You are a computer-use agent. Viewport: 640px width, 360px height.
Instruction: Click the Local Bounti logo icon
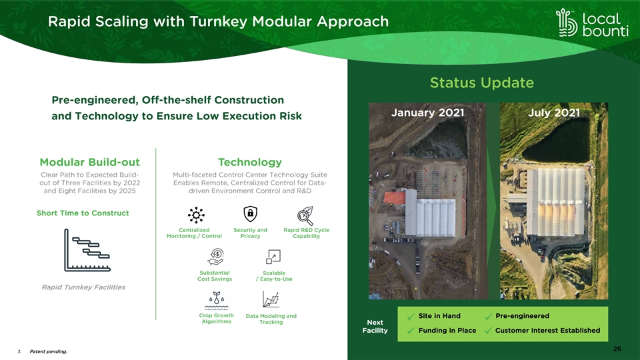pos(567,23)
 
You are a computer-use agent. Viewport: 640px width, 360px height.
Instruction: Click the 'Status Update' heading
pos(481,83)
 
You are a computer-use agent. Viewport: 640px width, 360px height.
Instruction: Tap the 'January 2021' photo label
pos(427,113)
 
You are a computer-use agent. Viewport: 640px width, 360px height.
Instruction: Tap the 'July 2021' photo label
pos(554,113)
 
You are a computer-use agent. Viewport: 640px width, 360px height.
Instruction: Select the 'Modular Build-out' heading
pos(90,162)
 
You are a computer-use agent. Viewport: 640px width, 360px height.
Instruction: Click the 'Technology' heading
pos(250,162)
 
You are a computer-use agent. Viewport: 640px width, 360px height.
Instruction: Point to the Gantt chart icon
pos(87,250)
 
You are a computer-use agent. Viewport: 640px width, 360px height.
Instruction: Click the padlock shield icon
pos(250,213)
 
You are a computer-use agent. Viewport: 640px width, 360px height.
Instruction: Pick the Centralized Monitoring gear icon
pos(196,215)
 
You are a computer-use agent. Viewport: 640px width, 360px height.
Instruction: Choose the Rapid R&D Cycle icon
pos(305,215)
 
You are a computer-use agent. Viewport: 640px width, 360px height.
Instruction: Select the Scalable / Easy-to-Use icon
pos(273,257)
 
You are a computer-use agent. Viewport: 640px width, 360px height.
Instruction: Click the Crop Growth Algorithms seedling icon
pos(216,301)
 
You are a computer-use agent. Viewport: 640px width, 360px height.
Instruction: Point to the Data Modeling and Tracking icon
pos(271,299)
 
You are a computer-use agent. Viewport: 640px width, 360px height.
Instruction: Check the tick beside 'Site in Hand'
pos(411,316)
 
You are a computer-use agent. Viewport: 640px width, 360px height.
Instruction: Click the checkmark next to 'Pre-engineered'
pos(488,316)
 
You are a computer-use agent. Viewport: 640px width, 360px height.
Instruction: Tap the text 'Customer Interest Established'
pos(548,330)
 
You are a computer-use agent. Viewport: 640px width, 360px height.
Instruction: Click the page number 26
pos(617,349)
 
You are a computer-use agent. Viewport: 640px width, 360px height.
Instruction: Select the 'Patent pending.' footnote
pos(48,351)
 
